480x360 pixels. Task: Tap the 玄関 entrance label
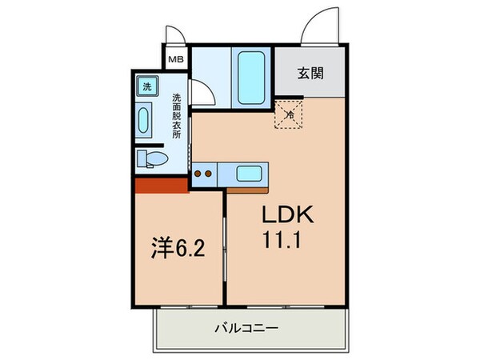[x=310, y=74]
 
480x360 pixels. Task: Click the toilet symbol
[x=150, y=158]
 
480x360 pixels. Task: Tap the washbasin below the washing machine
[x=145, y=122]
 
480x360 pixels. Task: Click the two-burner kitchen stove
[x=204, y=171]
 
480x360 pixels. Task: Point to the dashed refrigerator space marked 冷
[x=290, y=114]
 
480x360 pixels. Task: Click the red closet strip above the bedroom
[x=160, y=186]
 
